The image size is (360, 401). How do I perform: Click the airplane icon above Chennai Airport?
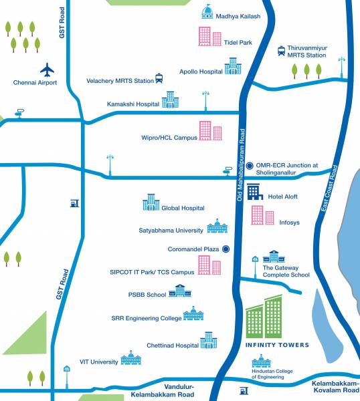tap(48, 70)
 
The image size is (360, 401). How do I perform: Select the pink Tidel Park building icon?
tap(209, 36)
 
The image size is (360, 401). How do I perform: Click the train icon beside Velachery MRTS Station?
tap(159, 79)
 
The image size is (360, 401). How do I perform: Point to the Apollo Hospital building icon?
tap(233, 65)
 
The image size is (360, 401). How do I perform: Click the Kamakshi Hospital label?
tap(133, 104)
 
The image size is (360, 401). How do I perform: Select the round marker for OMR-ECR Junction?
tap(249, 166)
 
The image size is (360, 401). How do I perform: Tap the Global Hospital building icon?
tap(150, 203)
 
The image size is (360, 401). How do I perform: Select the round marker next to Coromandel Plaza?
tap(226, 249)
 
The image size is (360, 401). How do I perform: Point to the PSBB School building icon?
tap(179, 290)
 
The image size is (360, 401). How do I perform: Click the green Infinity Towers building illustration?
tap(264, 317)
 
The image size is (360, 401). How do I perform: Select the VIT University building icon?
tap(130, 358)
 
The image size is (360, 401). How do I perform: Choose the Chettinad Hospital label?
tap(173, 346)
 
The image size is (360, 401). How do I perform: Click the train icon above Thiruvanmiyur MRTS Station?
tap(282, 51)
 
